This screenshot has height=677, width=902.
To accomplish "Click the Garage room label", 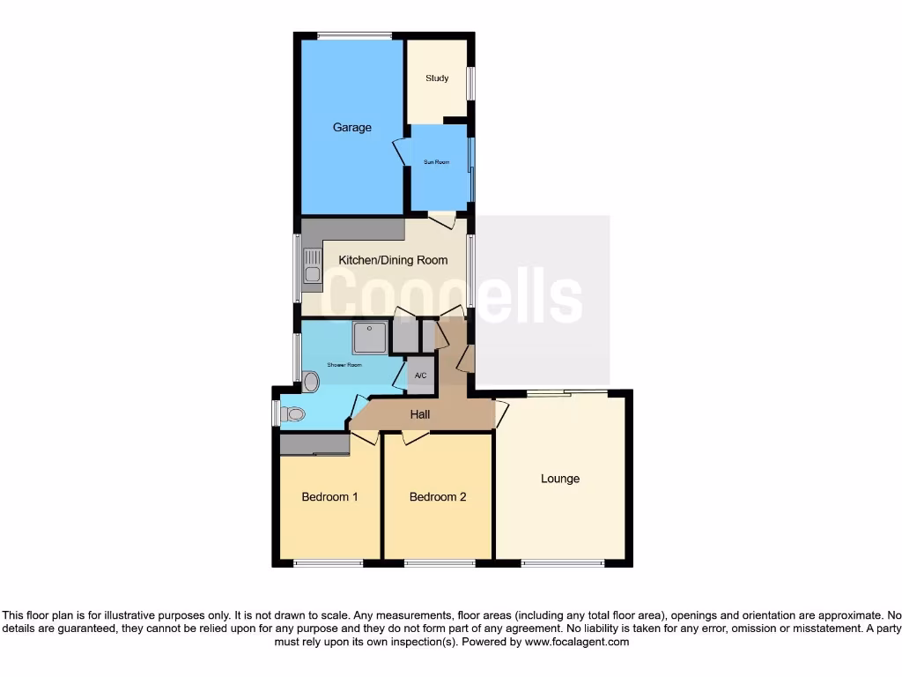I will pyautogui.click(x=351, y=128).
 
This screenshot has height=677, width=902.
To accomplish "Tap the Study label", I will pyautogui.click(x=437, y=78).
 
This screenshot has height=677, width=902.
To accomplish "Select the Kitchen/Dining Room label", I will pyautogui.click(x=393, y=260).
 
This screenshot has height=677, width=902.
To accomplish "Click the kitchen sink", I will pyautogui.click(x=313, y=264).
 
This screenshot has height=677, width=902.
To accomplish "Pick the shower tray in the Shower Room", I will pyautogui.click(x=370, y=338).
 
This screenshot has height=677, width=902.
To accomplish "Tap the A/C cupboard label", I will pyautogui.click(x=420, y=376).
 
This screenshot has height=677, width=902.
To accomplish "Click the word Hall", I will pyautogui.click(x=420, y=414).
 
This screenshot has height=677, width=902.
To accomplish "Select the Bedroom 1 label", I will pyautogui.click(x=329, y=497).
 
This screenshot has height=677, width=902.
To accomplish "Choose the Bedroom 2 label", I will pyautogui.click(x=438, y=497).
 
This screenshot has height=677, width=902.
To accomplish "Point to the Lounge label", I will pyautogui.click(x=560, y=479).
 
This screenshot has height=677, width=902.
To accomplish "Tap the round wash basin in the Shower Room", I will pyautogui.click(x=311, y=382).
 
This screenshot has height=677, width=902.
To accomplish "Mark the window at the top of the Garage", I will pyautogui.click(x=354, y=36).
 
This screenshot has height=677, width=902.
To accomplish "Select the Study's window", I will pyautogui.click(x=470, y=84).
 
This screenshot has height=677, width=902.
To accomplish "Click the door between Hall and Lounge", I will pyautogui.click(x=500, y=413).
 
